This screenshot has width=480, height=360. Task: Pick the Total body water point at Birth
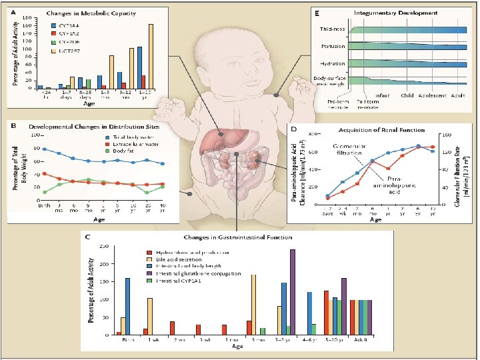[x=45, y=149]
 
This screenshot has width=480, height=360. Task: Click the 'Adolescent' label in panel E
[x=427, y=96]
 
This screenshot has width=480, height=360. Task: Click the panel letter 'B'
[x=14, y=125]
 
